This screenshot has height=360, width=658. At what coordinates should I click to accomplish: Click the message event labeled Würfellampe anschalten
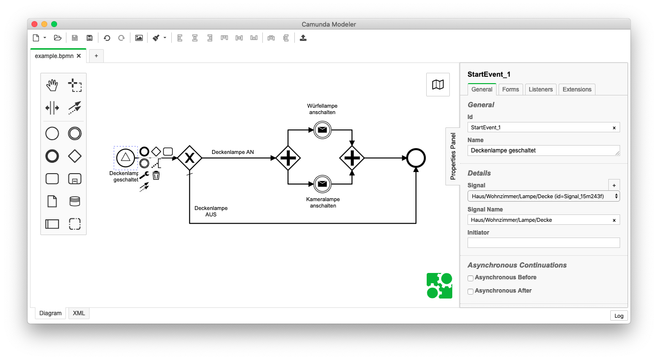[x=322, y=130]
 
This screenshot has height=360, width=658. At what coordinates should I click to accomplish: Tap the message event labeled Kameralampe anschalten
[x=322, y=184]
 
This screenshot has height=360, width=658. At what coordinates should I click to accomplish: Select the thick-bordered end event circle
[x=416, y=158]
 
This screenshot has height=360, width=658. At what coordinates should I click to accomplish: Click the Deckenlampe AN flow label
[x=233, y=152]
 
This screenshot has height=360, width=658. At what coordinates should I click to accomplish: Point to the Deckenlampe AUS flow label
[x=211, y=211]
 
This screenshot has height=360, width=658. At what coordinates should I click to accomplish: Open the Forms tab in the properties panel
[x=510, y=90]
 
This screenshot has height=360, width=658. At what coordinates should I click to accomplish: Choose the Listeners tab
[x=541, y=90]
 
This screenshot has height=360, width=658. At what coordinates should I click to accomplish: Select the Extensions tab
[x=577, y=90]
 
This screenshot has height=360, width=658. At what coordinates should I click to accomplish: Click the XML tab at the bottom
[x=79, y=313]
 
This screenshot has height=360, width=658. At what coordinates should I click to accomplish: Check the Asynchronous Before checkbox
[x=470, y=278]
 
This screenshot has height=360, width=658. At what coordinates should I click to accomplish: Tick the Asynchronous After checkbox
[x=470, y=292]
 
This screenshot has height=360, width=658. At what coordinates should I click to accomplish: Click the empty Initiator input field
[x=543, y=242]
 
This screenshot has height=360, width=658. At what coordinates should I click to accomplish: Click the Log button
[x=619, y=316]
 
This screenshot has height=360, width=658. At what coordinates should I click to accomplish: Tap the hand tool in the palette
[x=52, y=85]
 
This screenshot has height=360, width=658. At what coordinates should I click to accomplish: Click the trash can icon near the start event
[x=156, y=175]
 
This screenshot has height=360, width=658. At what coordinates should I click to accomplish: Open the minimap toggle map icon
[x=438, y=85]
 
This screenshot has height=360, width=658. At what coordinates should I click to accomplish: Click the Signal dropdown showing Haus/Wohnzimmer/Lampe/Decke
[x=543, y=196]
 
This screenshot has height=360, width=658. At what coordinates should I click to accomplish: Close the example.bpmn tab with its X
[x=79, y=56]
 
